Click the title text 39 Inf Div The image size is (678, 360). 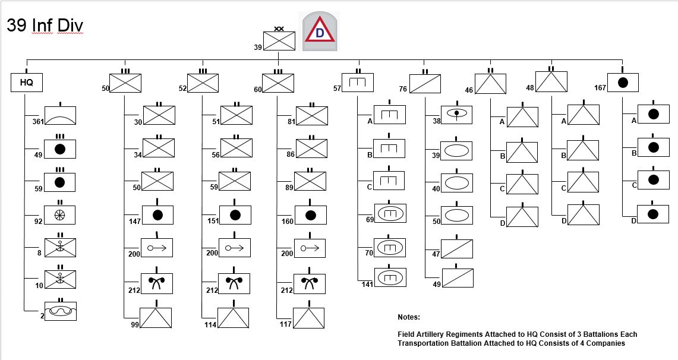(45, 26)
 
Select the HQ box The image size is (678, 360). (27, 83)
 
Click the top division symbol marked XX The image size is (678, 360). (279, 42)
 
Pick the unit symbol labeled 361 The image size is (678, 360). (60, 115)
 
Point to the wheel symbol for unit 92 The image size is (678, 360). (60, 214)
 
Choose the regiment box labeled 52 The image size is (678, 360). (203, 83)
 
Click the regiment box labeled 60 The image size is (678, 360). (277, 83)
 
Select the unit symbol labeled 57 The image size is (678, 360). (358, 83)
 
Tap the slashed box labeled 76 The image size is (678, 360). (425, 83)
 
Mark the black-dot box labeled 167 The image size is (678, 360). (622, 83)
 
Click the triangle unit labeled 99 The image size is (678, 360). (155, 318)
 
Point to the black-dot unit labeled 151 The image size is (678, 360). (235, 214)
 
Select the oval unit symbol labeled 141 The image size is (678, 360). (390, 277)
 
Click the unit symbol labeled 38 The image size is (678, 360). (456, 115)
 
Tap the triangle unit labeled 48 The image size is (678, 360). (551, 81)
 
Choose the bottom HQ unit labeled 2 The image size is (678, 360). (60, 311)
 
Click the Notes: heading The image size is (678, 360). (409, 317)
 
